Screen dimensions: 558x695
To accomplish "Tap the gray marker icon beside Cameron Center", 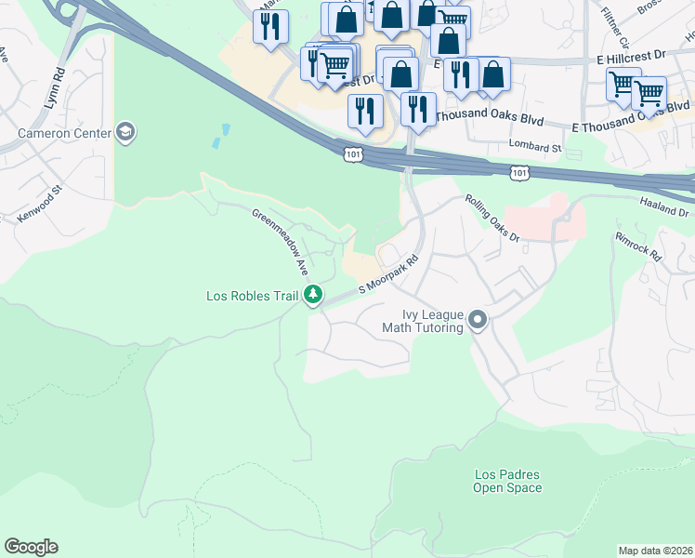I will tap(125, 133).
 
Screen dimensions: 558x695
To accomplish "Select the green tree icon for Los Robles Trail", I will tap(314, 296).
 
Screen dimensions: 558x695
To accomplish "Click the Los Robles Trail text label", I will tap(252, 297).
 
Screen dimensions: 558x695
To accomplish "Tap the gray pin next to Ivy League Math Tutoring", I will tap(479, 321).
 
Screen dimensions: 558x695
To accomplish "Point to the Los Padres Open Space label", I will tap(506, 481).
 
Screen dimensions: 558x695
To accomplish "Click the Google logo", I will tap(31, 547).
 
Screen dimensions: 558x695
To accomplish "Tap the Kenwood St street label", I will tap(38, 204).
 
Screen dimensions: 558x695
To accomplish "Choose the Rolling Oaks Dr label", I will tap(493, 218).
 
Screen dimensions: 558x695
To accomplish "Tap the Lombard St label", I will tap(536, 146).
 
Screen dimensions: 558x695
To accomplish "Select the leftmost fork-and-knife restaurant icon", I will tap(270, 27).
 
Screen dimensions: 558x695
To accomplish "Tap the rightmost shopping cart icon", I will tap(648, 92).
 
